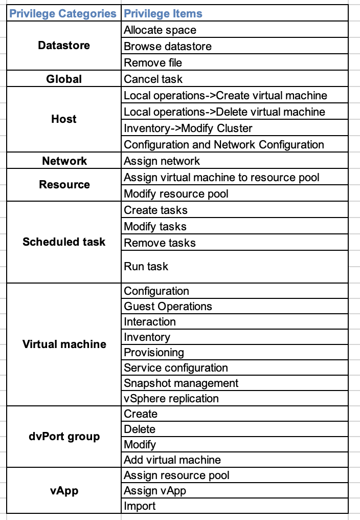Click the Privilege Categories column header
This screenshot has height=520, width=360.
point(63,14)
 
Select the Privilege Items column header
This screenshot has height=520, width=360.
point(163,14)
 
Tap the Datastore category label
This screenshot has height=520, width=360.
point(64,45)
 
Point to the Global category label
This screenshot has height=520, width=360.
point(64,79)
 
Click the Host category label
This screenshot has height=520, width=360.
point(64,119)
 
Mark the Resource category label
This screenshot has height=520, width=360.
point(64,184)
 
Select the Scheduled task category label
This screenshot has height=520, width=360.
point(64,242)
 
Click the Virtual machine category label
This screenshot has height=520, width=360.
point(64,344)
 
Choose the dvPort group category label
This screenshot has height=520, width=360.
point(64,437)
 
